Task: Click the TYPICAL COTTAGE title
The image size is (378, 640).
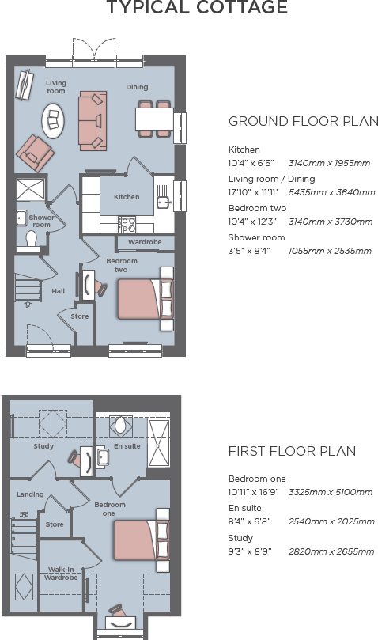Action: pos(197,9)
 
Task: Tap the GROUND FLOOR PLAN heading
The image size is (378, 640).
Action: pos(303,122)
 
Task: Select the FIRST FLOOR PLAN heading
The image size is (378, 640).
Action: pos(292,451)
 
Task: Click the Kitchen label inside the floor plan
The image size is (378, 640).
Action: pos(127,197)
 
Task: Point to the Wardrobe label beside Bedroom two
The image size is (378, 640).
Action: pos(145,242)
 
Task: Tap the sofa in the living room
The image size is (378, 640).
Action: pos(93,120)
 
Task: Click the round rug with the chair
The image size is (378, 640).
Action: pos(54,119)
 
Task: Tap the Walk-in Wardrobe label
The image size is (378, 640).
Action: pos(62,573)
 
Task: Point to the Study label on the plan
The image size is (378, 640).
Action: pos(43,446)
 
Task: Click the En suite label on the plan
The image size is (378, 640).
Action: pos(127,446)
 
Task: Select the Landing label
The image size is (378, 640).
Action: pos(30,494)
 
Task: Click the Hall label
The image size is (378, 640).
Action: pos(59,291)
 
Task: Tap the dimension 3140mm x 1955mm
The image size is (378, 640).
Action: pos(329,164)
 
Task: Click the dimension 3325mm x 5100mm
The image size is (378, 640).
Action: pos(330,492)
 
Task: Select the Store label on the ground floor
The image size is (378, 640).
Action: pos(80,316)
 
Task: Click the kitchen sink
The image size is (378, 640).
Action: pos(164,201)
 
